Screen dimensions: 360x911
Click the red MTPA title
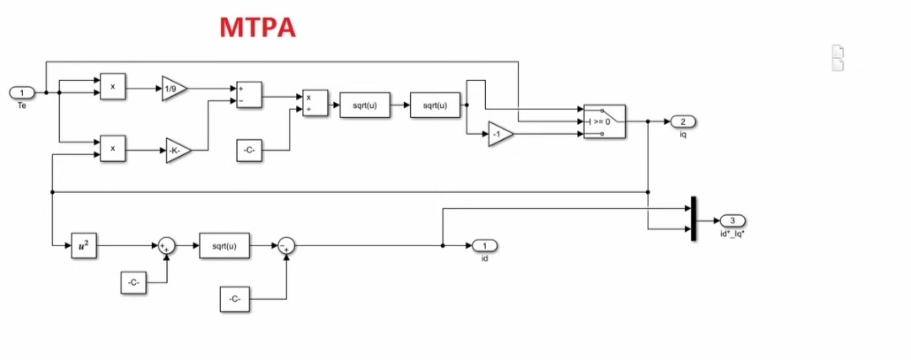[257, 27]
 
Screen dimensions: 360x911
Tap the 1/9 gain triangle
[174, 88]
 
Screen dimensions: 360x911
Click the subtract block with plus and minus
[249, 94]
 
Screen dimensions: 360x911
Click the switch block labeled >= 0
[604, 121]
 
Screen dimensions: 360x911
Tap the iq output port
[682, 121]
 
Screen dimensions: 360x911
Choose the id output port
[484, 245]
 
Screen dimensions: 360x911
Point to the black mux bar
[693, 218]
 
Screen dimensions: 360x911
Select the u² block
[84, 245]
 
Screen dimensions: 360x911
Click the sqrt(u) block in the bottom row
[224, 245]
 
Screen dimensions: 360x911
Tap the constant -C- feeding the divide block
[251, 152]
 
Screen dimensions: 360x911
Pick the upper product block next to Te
[112, 87]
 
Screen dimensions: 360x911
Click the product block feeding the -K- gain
[112, 148]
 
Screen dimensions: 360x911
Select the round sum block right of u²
[166, 245]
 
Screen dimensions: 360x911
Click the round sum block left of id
[286, 245]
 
